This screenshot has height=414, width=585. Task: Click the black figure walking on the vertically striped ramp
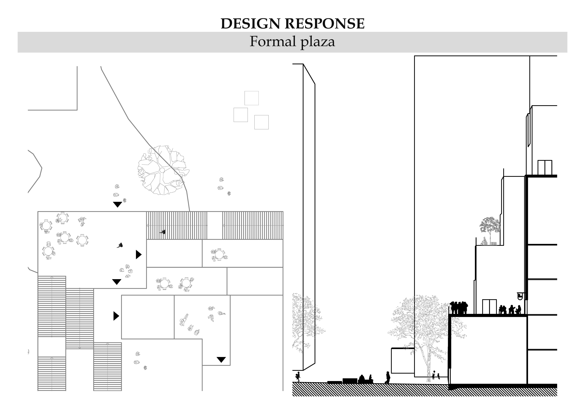click(x=163, y=232)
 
